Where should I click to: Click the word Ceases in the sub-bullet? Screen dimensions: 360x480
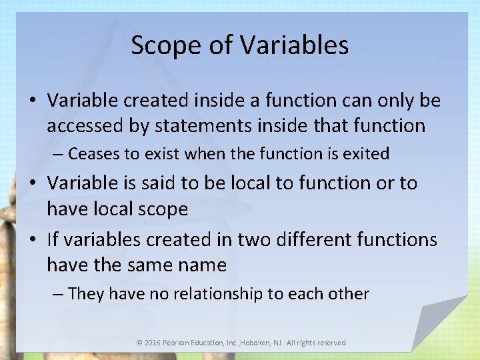95,154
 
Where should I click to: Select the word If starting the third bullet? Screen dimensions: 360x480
54,239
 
